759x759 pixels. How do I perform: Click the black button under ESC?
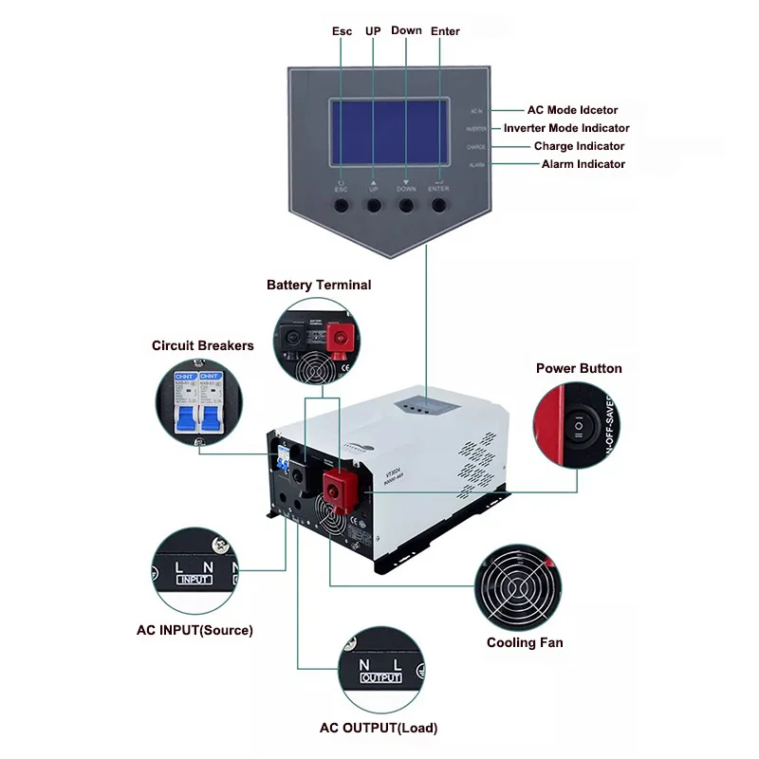pyautogui.click(x=341, y=204)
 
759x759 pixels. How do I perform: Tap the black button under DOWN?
pyautogui.click(x=406, y=204)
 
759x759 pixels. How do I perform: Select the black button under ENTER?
pyautogui.click(x=439, y=204)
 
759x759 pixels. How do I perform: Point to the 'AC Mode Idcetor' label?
pyautogui.click(x=572, y=110)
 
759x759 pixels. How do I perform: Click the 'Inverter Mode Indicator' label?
pyautogui.click(x=566, y=128)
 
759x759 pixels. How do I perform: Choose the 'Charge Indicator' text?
pyautogui.click(x=579, y=146)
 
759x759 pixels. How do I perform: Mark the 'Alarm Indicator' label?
pyautogui.click(x=583, y=164)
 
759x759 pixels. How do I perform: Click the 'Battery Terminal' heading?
pyautogui.click(x=319, y=285)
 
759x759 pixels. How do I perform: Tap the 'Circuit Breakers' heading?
pyautogui.click(x=203, y=345)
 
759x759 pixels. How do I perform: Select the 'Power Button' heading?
pyautogui.click(x=579, y=368)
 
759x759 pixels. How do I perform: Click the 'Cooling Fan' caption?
pyautogui.click(x=525, y=642)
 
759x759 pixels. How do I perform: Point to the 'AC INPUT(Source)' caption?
pyautogui.click(x=194, y=629)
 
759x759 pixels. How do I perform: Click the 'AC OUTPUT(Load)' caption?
pyautogui.click(x=379, y=728)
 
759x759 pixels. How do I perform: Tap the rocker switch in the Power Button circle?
pyautogui.click(x=579, y=427)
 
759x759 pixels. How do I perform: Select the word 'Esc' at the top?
pyautogui.click(x=342, y=31)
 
